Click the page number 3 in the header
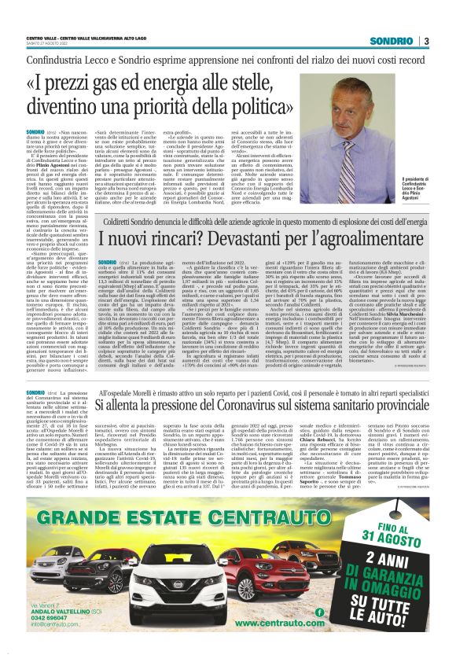coord(425,42)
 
